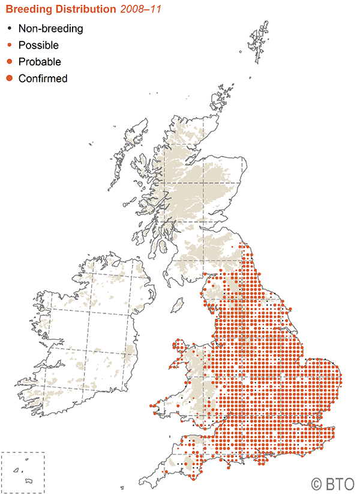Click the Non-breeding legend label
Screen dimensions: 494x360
[x=50, y=28]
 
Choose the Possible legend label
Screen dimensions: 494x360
[x=38, y=45]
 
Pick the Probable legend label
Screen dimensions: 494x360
[x=40, y=61]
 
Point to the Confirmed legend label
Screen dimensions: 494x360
[x=43, y=78]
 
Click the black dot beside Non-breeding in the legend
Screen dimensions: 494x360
[x=8, y=28]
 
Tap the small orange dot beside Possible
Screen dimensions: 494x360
[x=8, y=45]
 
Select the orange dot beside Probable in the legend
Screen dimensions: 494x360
[x=8, y=61]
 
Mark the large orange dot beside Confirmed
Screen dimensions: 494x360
[x=8, y=78]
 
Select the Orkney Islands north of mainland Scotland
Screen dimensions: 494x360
[x=223, y=96]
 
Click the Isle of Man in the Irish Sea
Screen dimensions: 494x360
[x=177, y=306]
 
